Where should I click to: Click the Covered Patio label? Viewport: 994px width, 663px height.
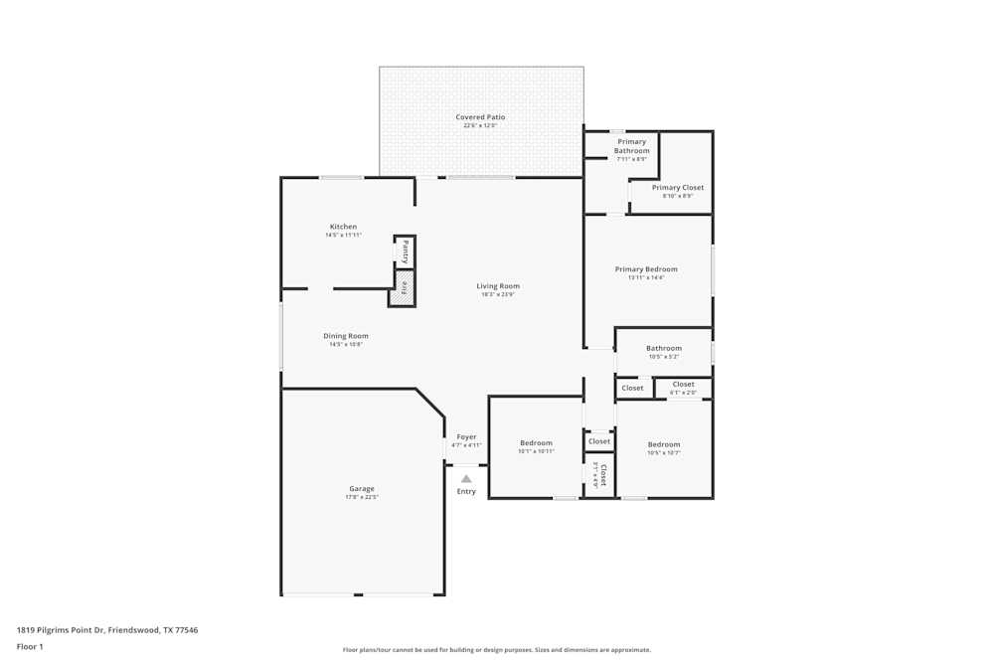pos(480,117)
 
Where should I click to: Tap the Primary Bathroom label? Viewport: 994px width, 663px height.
pos(631,146)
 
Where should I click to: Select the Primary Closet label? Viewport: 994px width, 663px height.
pos(678,187)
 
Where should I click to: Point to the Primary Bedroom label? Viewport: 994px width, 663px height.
pos(646,269)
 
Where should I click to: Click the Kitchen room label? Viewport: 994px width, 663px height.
pos(343,227)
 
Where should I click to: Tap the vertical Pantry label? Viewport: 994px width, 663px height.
pos(406,250)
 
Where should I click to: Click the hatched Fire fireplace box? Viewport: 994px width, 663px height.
pos(404,288)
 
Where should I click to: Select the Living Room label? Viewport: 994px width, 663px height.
pos(498,286)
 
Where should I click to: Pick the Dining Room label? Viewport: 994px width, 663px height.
pos(346,336)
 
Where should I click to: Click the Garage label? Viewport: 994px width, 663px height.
pos(362,488)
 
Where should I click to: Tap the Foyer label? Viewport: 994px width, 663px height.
pos(466,436)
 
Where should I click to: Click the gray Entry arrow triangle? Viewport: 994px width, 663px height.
pos(466,478)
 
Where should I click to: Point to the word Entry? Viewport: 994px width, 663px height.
pos(466,491)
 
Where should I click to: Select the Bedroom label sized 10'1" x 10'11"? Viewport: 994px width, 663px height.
pos(536,442)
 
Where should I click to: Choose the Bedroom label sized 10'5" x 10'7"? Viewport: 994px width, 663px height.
pos(664,444)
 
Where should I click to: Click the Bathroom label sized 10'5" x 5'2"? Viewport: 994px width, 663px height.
pos(664,348)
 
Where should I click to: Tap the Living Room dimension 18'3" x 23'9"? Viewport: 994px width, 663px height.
pos(498,294)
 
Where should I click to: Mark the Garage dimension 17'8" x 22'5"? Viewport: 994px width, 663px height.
pos(362,497)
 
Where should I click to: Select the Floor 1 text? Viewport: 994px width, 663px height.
pos(30,646)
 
